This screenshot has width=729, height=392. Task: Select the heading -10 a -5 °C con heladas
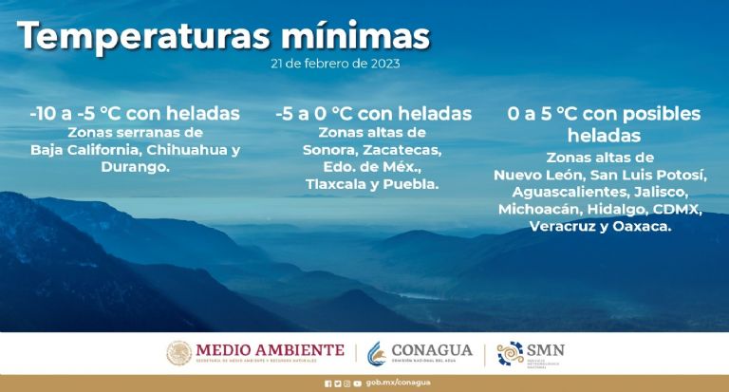[135, 114]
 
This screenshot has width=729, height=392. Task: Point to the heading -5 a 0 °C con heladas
[373, 114]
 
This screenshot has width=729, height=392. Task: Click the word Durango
[135, 166]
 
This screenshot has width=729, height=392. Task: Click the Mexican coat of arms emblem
[178, 353]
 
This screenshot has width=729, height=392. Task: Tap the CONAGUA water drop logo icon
[378, 353]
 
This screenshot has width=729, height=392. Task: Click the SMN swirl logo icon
[511, 353]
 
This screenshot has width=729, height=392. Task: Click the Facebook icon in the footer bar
[327, 383]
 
